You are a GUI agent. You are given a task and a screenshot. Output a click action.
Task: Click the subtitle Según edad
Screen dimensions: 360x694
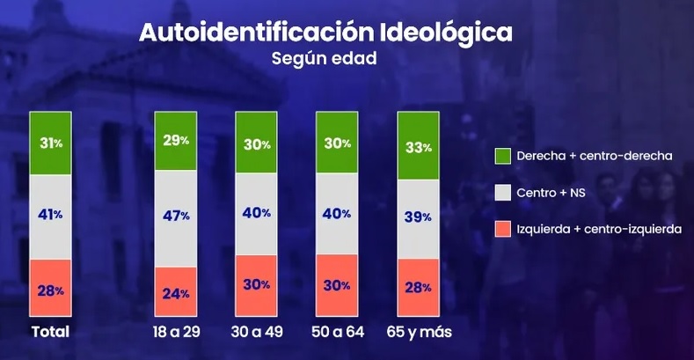pos(325,61)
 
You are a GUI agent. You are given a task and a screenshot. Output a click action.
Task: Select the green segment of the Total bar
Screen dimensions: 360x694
pos(50,143)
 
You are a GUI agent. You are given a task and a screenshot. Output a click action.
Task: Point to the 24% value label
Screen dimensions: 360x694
pos(176,294)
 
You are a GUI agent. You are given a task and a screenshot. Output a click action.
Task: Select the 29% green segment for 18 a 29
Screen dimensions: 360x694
pos(175,141)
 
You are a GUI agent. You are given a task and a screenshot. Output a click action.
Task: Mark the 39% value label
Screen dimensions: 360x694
pos(419,217)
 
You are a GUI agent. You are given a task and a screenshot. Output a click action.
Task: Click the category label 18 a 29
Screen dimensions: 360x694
pos(177,332)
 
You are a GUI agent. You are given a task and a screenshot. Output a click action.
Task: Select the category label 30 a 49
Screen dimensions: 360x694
pos(257,332)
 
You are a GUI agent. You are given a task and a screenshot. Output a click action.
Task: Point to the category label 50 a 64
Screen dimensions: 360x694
pos(337,332)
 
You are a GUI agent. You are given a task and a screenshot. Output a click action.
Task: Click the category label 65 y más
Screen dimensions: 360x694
pos(419,332)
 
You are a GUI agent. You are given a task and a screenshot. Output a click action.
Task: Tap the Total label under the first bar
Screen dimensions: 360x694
pos(50,332)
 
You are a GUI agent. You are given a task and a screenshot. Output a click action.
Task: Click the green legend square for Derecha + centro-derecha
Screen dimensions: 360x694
pos(502,155)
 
